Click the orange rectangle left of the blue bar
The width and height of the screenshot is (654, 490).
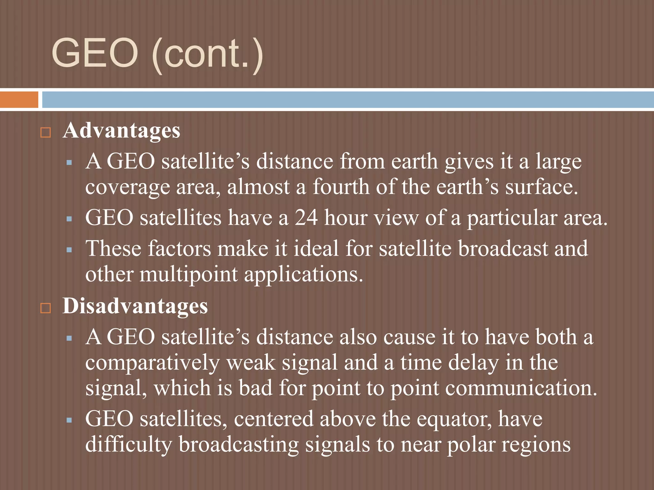19,100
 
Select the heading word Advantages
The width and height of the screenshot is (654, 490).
121,131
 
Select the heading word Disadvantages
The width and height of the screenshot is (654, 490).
135,306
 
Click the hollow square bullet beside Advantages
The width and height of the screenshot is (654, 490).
46,132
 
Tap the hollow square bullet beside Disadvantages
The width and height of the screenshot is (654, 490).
46,308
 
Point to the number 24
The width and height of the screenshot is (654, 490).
306,218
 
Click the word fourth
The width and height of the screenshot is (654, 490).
341,187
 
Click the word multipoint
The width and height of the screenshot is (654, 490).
189,275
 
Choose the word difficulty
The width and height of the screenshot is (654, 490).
128,445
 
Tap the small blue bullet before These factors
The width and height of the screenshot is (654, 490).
69,250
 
